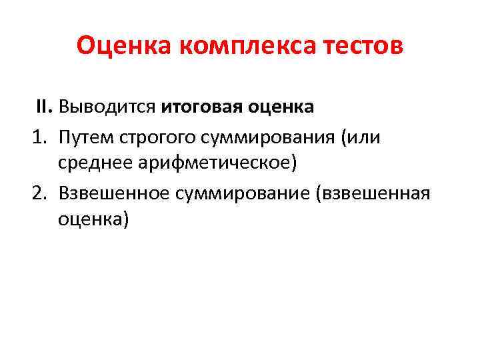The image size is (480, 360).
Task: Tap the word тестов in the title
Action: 364,47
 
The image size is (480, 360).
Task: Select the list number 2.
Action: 38,193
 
